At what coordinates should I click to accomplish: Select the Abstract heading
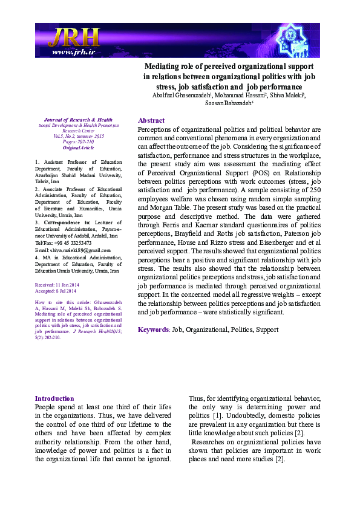(151, 120)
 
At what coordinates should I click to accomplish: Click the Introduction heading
(54, 398)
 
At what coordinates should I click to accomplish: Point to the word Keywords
(154, 329)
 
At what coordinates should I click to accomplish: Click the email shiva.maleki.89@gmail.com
(73, 250)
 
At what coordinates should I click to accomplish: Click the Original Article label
(79, 148)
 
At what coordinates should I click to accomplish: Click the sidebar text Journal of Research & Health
(79, 120)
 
